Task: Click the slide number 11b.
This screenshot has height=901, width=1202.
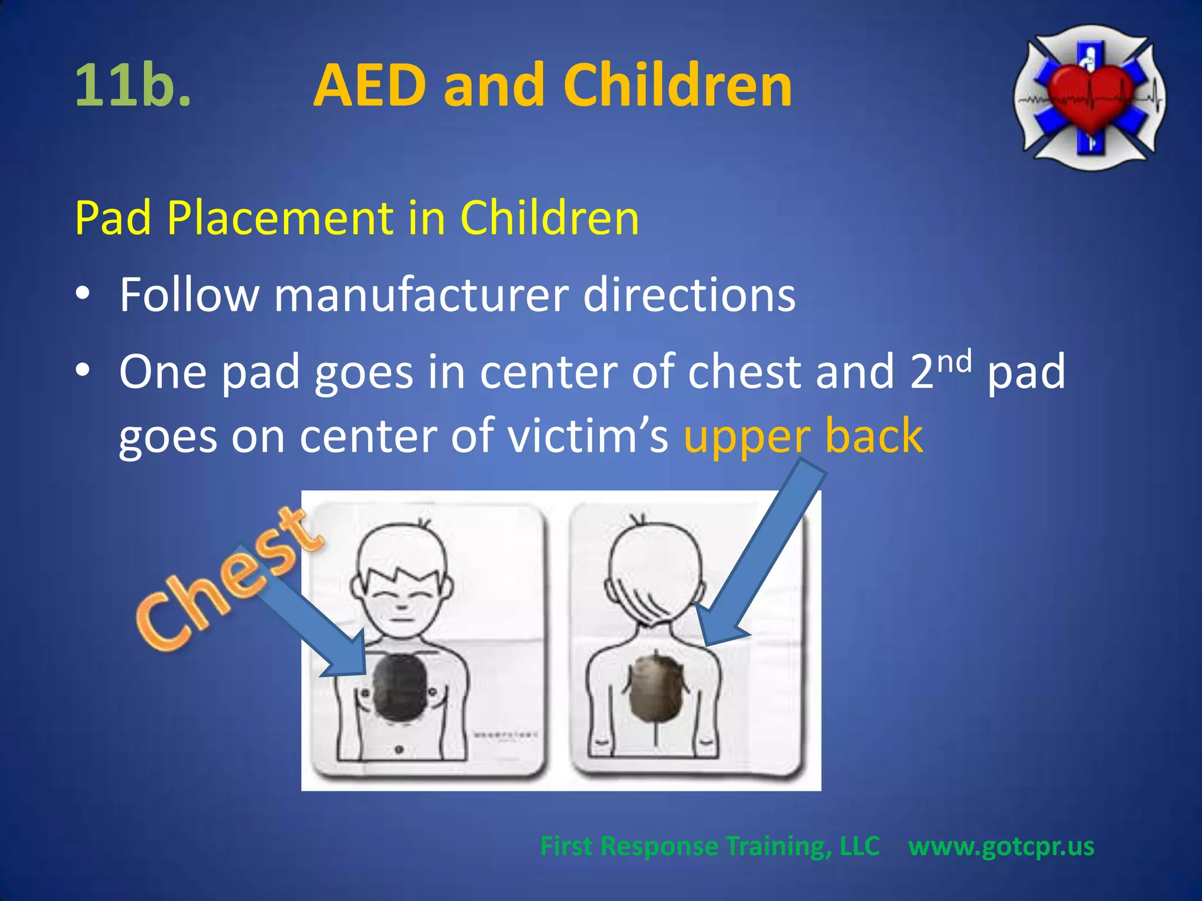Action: point(133,86)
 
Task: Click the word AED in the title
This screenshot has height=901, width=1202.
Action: point(370,86)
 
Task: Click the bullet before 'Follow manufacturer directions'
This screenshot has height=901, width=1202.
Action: point(83,292)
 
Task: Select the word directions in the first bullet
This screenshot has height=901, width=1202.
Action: point(689,294)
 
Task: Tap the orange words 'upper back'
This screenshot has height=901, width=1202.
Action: point(803,436)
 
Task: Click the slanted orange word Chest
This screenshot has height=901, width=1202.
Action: point(229,581)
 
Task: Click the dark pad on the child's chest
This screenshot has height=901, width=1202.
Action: point(400,687)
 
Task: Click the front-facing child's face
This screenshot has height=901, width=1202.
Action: point(401,598)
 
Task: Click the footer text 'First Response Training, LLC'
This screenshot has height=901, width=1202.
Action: point(710,846)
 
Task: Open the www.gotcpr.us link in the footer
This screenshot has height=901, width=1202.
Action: point(1001,846)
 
